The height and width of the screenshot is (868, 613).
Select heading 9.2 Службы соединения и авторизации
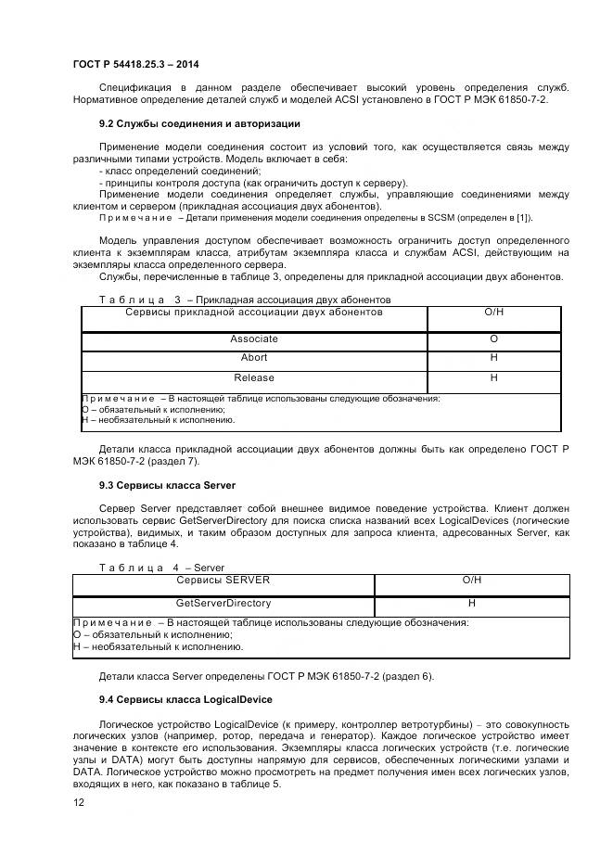click(x=199, y=123)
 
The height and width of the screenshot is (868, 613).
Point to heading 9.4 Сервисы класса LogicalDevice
click(x=185, y=698)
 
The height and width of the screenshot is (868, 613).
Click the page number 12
click(x=79, y=802)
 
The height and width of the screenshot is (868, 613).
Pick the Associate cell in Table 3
click(x=254, y=339)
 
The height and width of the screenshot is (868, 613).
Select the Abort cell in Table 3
click(x=254, y=358)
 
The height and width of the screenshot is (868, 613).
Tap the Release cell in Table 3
click(x=254, y=377)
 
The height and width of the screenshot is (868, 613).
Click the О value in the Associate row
click(x=493, y=339)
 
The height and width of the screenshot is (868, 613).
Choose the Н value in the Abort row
click(x=493, y=358)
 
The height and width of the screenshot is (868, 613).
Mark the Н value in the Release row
click(x=493, y=377)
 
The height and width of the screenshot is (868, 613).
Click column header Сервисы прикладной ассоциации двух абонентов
click(x=254, y=313)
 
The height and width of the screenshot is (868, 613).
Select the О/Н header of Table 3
click(x=493, y=313)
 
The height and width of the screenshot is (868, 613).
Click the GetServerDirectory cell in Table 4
click(x=223, y=603)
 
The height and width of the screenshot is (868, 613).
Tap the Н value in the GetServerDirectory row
click(x=471, y=603)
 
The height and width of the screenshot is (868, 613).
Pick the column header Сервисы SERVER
click(x=223, y=580)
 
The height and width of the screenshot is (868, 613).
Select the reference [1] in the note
click(x=524, y=218)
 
